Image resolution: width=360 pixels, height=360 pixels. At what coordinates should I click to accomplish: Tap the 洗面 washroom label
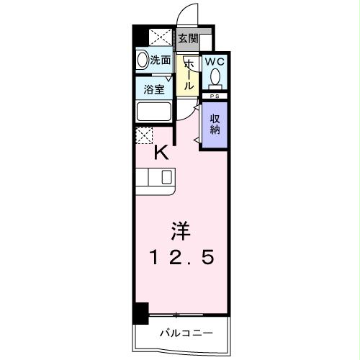point(161,61)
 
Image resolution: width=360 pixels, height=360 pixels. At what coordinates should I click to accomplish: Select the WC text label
point(215,63)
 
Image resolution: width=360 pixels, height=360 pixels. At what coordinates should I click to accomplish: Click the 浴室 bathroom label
point(153,91)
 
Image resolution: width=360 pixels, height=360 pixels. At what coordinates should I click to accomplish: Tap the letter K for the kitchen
point(161,152)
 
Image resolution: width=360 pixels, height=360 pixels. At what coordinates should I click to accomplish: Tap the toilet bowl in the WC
point(215,78)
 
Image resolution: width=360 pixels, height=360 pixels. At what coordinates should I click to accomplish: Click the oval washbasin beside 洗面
point(142,61)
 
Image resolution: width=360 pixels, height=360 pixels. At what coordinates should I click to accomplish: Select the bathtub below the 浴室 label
point(153,112)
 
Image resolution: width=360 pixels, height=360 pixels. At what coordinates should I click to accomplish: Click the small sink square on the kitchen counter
point(167,177)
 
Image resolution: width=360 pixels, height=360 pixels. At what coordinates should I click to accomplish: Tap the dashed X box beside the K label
point(144,135)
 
